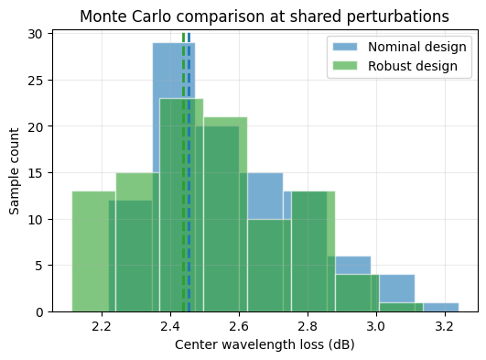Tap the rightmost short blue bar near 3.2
pos(440,308)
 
